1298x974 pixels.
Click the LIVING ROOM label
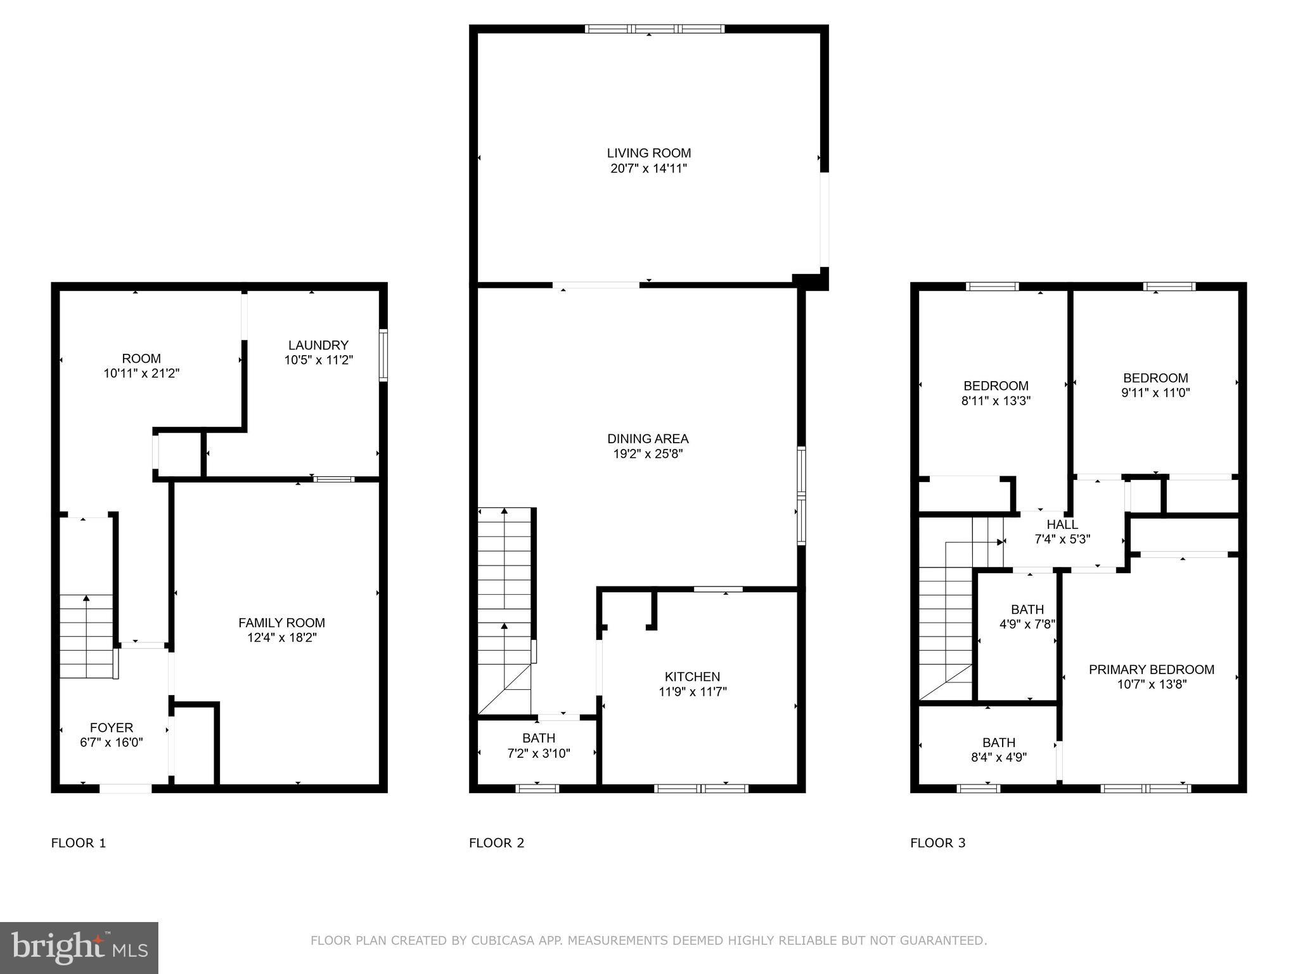point(648,153)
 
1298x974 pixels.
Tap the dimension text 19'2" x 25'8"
point(647,454)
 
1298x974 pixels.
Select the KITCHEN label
point(692,677)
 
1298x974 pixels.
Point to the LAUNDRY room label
point(318,345)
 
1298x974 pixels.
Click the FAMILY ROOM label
point(281,623)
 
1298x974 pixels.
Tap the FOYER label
point(112,727)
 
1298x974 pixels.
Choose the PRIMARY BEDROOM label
point(1151,669)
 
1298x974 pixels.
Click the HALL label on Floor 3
point(1062,524)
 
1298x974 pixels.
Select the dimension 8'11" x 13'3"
point(996,401)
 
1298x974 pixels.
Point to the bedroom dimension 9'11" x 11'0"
point(1155,393)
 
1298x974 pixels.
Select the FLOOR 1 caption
point(79,843)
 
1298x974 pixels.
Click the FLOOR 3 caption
point(937,843)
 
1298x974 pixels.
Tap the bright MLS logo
point(79,947)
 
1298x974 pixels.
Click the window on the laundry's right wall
point(383,355)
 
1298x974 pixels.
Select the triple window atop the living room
point(654,29)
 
